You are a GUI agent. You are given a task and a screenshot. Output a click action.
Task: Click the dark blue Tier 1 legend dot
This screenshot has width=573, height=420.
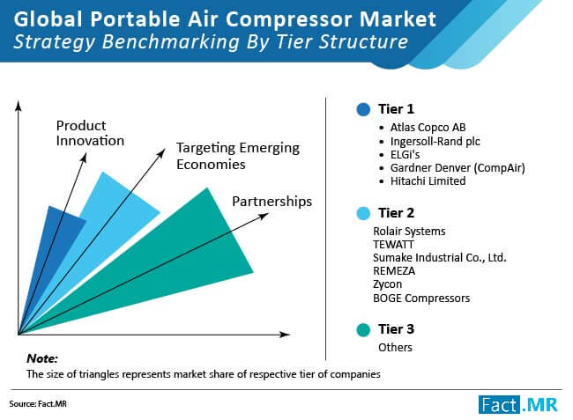coord(363,109)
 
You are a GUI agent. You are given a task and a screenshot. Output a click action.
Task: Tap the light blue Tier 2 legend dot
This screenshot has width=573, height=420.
coord(363,213)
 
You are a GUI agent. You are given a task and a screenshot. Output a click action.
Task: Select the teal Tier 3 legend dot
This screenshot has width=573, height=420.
coord(363,329)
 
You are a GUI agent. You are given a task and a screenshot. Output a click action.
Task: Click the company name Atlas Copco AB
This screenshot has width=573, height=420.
coord(428,128)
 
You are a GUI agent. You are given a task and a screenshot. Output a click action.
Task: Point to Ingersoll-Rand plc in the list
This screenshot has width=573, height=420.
coord(435,141)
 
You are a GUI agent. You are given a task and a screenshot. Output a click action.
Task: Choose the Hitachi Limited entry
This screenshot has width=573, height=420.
coord(428,181)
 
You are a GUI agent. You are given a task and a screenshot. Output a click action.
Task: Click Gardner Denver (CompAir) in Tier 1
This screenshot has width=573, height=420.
coord(458,168)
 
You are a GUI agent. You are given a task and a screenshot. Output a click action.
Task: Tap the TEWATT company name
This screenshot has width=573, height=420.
coord(393,244)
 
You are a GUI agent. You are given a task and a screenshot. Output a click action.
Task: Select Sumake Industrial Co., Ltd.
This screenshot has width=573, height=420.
coord(440,258)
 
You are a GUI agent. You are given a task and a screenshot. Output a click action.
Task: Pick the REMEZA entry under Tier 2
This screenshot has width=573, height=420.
coord(394,271)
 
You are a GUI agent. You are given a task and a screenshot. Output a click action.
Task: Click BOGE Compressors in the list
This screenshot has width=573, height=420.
coord(421,298)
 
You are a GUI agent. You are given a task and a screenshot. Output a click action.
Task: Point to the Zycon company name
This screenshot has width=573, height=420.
coord(387,284)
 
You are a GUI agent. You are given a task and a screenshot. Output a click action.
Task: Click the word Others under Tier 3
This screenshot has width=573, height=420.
coord(395,348)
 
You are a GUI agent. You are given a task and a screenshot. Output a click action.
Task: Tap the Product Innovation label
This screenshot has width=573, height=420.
coord(90,133)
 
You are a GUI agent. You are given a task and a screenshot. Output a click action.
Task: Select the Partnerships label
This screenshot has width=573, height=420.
coord(272,202)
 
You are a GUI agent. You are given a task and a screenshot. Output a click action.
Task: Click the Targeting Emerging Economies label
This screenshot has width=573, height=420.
coord(238,156)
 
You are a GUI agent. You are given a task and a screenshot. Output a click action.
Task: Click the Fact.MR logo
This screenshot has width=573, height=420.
coord(518,404)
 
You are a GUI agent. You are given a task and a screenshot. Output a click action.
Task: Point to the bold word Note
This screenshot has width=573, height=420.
coord(42,358)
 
